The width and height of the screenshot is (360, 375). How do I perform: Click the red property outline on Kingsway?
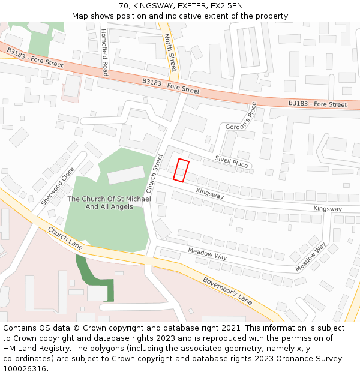click(181, 170)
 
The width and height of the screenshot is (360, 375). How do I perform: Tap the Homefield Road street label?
click(104, 53)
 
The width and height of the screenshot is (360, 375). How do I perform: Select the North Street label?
click(170, 53)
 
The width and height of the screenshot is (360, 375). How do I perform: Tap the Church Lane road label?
click(65, 238)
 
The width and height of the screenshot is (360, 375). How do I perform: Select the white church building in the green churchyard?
click(126, 175)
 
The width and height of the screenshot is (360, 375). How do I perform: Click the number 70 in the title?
click(124, 6)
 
